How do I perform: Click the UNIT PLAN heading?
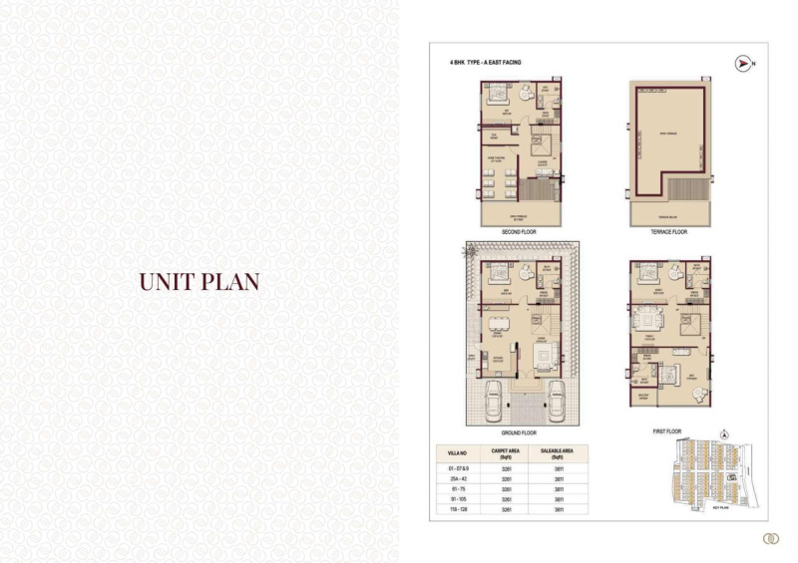(x=199, y=281)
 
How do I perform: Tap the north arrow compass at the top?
(x=742, y=64)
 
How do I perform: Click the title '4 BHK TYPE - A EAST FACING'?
(x=485, y=63)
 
